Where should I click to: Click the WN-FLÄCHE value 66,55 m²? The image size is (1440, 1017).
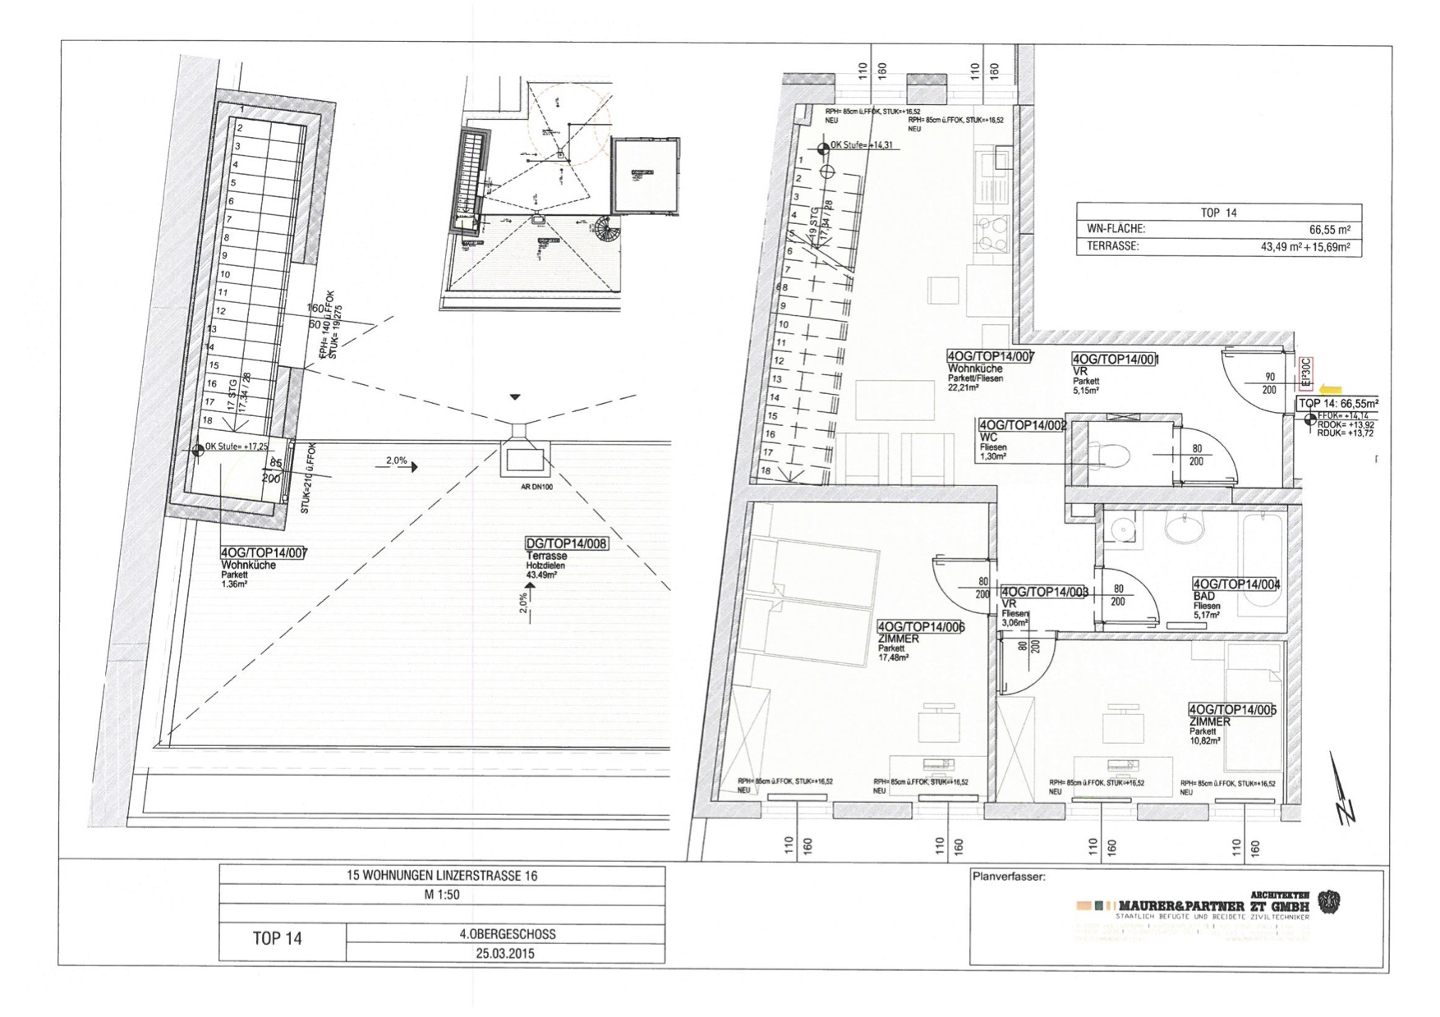[1329, 231]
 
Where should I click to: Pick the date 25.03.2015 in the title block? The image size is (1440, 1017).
[504, 953]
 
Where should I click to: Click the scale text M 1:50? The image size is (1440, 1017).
[441, 896]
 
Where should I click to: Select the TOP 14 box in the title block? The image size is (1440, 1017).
[278, 939]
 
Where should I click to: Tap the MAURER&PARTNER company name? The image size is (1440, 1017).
[1183, 905]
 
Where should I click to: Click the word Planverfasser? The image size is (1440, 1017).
[1008, 877]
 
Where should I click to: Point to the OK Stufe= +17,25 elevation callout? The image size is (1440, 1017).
[236, 447]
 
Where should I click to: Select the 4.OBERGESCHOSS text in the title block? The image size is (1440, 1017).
[507, 934]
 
